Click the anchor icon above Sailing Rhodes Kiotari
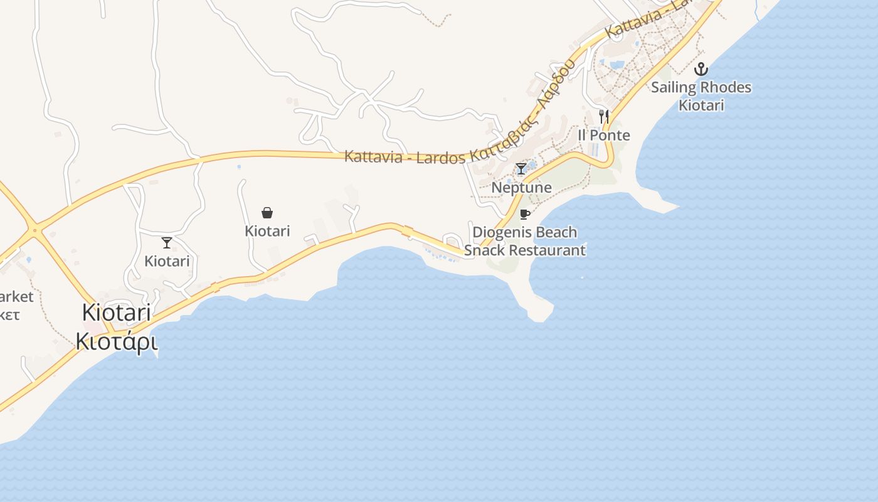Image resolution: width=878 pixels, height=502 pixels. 701,68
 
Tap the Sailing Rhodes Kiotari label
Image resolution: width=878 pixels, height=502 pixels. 701,95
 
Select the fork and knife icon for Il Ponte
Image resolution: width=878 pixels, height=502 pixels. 604,116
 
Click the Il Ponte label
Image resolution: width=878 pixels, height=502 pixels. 604,136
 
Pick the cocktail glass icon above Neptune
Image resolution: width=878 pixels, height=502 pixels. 521,168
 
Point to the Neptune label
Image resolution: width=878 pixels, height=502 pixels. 521,188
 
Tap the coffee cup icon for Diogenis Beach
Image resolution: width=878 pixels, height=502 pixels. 525,214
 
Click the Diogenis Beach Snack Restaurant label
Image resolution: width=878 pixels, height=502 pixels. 525,241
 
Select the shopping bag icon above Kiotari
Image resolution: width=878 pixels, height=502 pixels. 267,213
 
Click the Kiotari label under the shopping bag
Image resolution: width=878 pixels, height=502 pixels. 267,231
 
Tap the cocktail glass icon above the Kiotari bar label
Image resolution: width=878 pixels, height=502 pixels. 167,242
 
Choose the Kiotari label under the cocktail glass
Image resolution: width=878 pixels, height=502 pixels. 167,261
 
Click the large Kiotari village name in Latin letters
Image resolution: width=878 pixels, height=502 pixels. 117,312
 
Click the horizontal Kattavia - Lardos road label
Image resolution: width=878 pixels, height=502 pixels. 404,156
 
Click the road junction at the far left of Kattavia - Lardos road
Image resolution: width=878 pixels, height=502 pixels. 35,230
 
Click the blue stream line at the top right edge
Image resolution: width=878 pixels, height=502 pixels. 758,9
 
